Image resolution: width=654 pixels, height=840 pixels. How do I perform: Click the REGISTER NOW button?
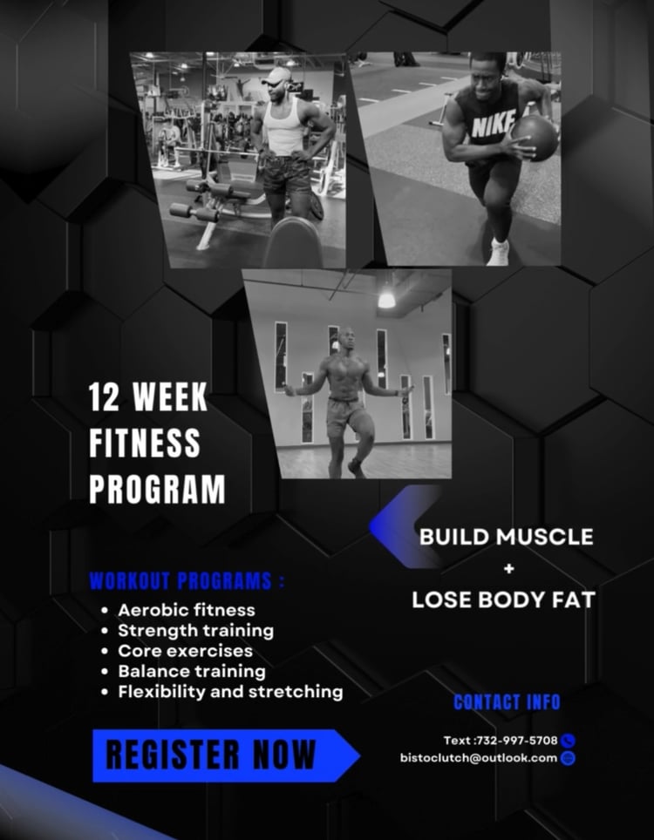tap(226, 755)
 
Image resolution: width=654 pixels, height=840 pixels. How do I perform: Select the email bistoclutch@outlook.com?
tap(479, 758)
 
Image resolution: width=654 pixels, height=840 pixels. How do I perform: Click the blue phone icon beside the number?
tap(568, 741)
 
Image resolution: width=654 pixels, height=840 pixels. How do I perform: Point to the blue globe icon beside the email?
tap(568, 759)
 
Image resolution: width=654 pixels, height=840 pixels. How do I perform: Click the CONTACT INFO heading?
tap(507, 702)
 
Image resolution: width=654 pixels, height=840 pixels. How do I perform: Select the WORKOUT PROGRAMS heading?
tap(187, 581)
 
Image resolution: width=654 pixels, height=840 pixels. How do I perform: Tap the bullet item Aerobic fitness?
tap(187, 610)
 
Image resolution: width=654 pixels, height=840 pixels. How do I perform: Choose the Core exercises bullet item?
tap(185, 651)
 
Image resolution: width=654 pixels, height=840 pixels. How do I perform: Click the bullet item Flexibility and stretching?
tap(230, 692)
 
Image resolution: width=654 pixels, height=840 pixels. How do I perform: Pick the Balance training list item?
tap(191, 671)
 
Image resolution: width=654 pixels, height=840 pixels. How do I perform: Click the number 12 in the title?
tap(105, 397)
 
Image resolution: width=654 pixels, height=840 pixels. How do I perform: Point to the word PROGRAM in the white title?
tap(157, 489)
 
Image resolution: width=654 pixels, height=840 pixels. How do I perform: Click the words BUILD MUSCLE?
tap(506, 537)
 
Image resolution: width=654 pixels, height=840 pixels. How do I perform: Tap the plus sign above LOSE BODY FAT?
tap(508, 568)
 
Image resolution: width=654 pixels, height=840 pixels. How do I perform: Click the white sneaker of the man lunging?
tap(498, 253)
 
